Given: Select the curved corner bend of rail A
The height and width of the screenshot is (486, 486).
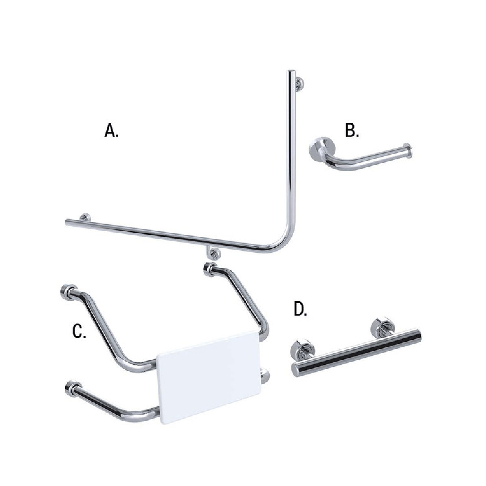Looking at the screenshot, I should [x=282, y=245].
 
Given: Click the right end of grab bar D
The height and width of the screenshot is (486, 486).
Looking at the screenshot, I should [x=417, y=335].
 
